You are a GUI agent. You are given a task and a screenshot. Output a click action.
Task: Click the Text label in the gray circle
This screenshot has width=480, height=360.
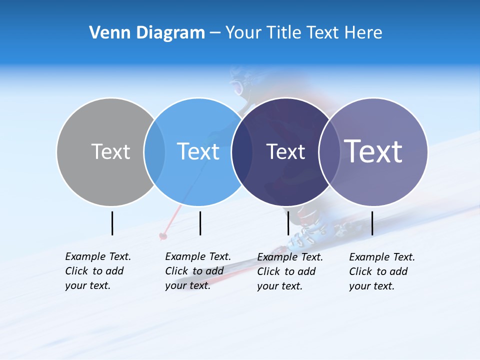(x=110, y=151)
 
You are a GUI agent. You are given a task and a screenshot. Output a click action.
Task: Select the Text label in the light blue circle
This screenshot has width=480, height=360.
(x=198, y=151)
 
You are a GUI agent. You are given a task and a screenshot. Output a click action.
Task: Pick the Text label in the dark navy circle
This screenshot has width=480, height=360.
(x=285, y=151)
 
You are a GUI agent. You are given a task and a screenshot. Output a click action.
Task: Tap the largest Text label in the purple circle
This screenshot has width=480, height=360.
(x=373, y=151)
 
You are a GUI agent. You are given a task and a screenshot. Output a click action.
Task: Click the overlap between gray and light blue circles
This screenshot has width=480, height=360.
(x=154, y=151)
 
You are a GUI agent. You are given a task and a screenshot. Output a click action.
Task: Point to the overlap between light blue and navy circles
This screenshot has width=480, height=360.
(x=242, y=151)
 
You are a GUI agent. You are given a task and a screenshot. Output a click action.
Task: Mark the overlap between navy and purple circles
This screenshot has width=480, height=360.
(x=329, y=151)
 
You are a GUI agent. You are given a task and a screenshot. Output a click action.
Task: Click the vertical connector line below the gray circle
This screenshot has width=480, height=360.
(x=112, y=223)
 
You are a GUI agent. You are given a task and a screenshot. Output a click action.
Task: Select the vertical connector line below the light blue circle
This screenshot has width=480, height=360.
(x=200, y=223)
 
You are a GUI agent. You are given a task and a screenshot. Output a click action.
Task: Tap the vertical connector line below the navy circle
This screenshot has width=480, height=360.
(x=288, y=223)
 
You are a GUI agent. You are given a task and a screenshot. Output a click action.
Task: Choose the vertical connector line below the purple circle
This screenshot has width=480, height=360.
(x=372, y=223)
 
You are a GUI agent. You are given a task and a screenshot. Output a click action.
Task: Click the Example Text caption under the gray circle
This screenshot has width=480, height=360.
(x=97, y=271)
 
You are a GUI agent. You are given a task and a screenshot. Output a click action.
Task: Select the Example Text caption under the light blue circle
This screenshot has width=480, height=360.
(x=197, y=271)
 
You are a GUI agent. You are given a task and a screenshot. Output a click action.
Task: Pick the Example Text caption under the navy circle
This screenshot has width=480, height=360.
(x=289, y=271)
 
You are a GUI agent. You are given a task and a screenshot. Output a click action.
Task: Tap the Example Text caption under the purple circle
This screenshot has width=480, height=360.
(x=381, y=271)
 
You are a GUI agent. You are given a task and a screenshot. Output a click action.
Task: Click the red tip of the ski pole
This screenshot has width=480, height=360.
(x=162, y=235)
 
